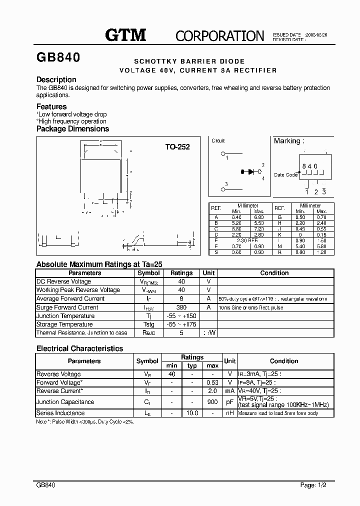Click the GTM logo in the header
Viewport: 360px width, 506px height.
pos(125,34)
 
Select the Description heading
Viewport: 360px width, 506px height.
pos(56,79)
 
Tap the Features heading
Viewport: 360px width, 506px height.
pos(51,106)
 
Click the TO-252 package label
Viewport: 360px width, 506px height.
pos(177,147)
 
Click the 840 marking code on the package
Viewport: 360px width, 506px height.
pos(309,165)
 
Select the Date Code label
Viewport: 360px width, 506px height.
pos(285,175)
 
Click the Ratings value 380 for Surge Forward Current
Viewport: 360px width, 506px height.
pos(181,307)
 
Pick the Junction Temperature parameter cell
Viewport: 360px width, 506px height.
pos(65,316)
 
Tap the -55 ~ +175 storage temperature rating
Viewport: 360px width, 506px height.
pos(181,324)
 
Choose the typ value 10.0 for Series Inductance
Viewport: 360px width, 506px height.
pos(192,413)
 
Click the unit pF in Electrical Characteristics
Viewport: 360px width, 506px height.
pos(230,402)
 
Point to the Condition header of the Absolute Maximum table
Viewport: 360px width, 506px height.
pos(274,273)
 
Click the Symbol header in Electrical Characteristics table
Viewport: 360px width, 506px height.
pos(147,361)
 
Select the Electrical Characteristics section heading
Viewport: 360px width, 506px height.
pos(79,348)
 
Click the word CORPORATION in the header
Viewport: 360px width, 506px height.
pos(219,35)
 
